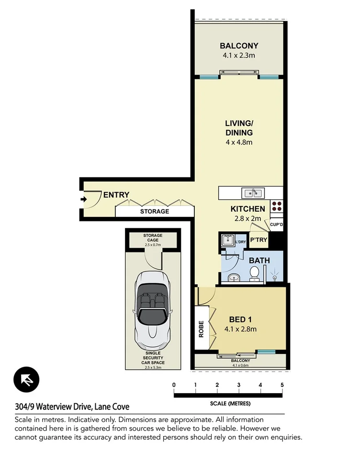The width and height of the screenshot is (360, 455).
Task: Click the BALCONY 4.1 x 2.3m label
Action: point(239,50)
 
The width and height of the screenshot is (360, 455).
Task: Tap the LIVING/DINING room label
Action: point(239,128)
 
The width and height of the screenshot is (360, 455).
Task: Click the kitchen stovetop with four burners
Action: point(277,206)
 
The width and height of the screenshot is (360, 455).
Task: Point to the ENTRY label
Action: point(116,194)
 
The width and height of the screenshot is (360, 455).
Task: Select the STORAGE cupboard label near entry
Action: point(154,211)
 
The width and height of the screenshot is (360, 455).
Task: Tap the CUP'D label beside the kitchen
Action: point(276,224)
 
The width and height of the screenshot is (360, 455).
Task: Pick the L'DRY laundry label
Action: point(241,242)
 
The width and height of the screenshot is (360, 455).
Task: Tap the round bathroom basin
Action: point(233,276)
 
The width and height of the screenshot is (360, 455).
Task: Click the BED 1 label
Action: point(240,319)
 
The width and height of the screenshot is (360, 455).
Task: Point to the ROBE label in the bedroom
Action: point(201,329)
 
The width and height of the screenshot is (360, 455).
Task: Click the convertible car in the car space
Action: point(153,310)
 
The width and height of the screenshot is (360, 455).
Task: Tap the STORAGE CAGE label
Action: point(153,238)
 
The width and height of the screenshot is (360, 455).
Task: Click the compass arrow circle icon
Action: point(26,380)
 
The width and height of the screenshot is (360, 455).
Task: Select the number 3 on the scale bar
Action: point(239,385)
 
